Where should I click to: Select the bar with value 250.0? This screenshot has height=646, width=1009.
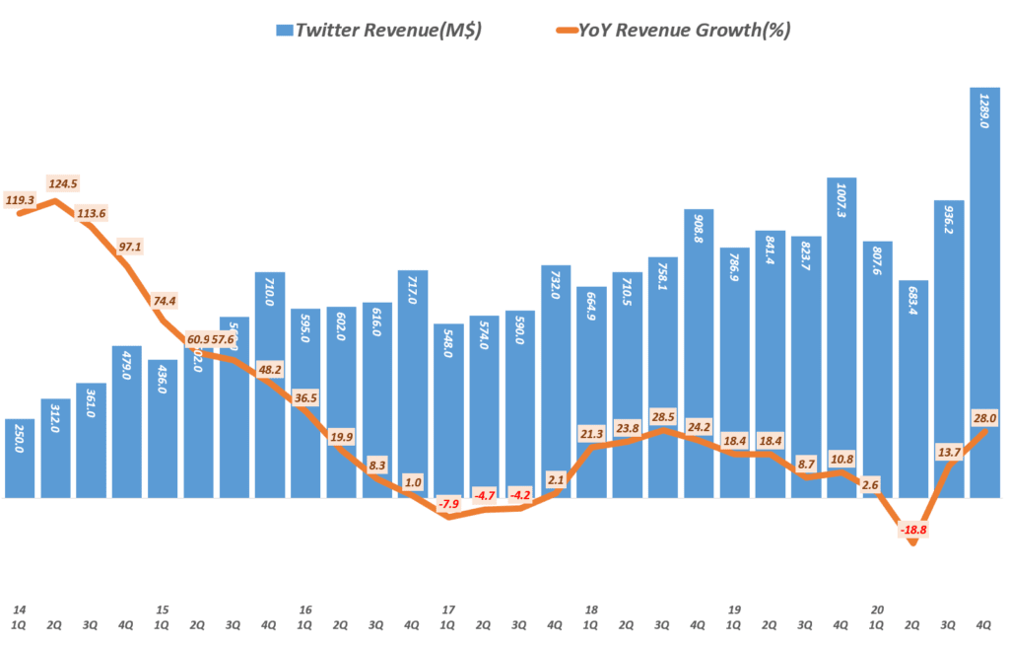point(21,459)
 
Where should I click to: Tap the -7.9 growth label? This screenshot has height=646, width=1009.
point(450,504)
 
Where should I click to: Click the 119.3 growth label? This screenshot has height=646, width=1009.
point(21,199)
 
